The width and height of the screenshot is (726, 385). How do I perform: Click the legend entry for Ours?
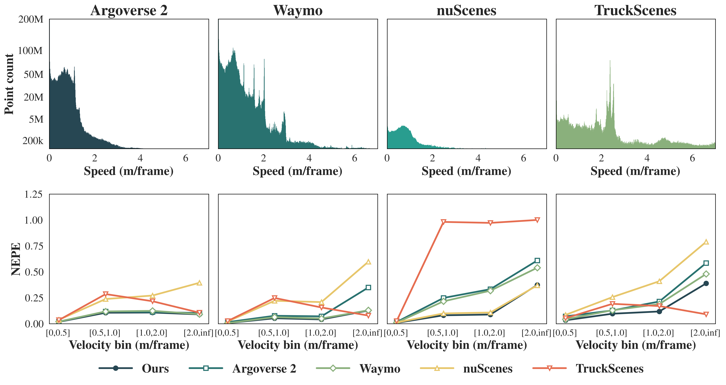coord(155,368)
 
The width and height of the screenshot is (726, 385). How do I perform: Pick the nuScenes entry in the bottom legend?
coord(488,368)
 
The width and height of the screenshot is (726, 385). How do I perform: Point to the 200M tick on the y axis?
coord(31,19)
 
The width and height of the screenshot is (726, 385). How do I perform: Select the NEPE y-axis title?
coord(15,259)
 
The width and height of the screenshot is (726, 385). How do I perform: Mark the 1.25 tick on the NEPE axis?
coord(33,194)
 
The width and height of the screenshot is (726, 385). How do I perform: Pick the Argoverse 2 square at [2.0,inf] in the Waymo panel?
coord(368,287)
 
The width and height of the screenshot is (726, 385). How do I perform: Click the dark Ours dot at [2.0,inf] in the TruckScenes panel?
coord(706,283)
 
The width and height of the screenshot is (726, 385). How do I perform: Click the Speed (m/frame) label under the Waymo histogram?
coord(297,171)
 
